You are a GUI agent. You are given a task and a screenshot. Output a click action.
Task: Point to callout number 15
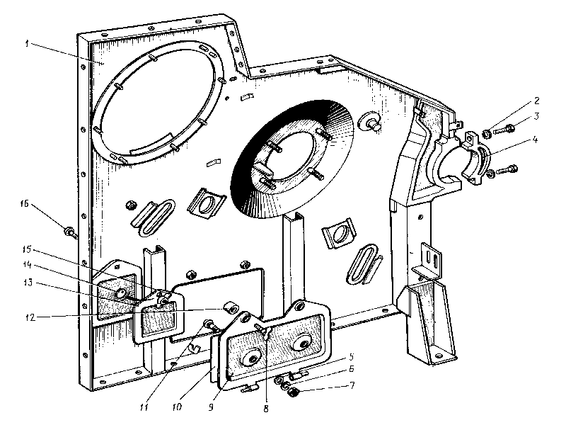coord(28,250)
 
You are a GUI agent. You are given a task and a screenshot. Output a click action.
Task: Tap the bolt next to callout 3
coord(507,129)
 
